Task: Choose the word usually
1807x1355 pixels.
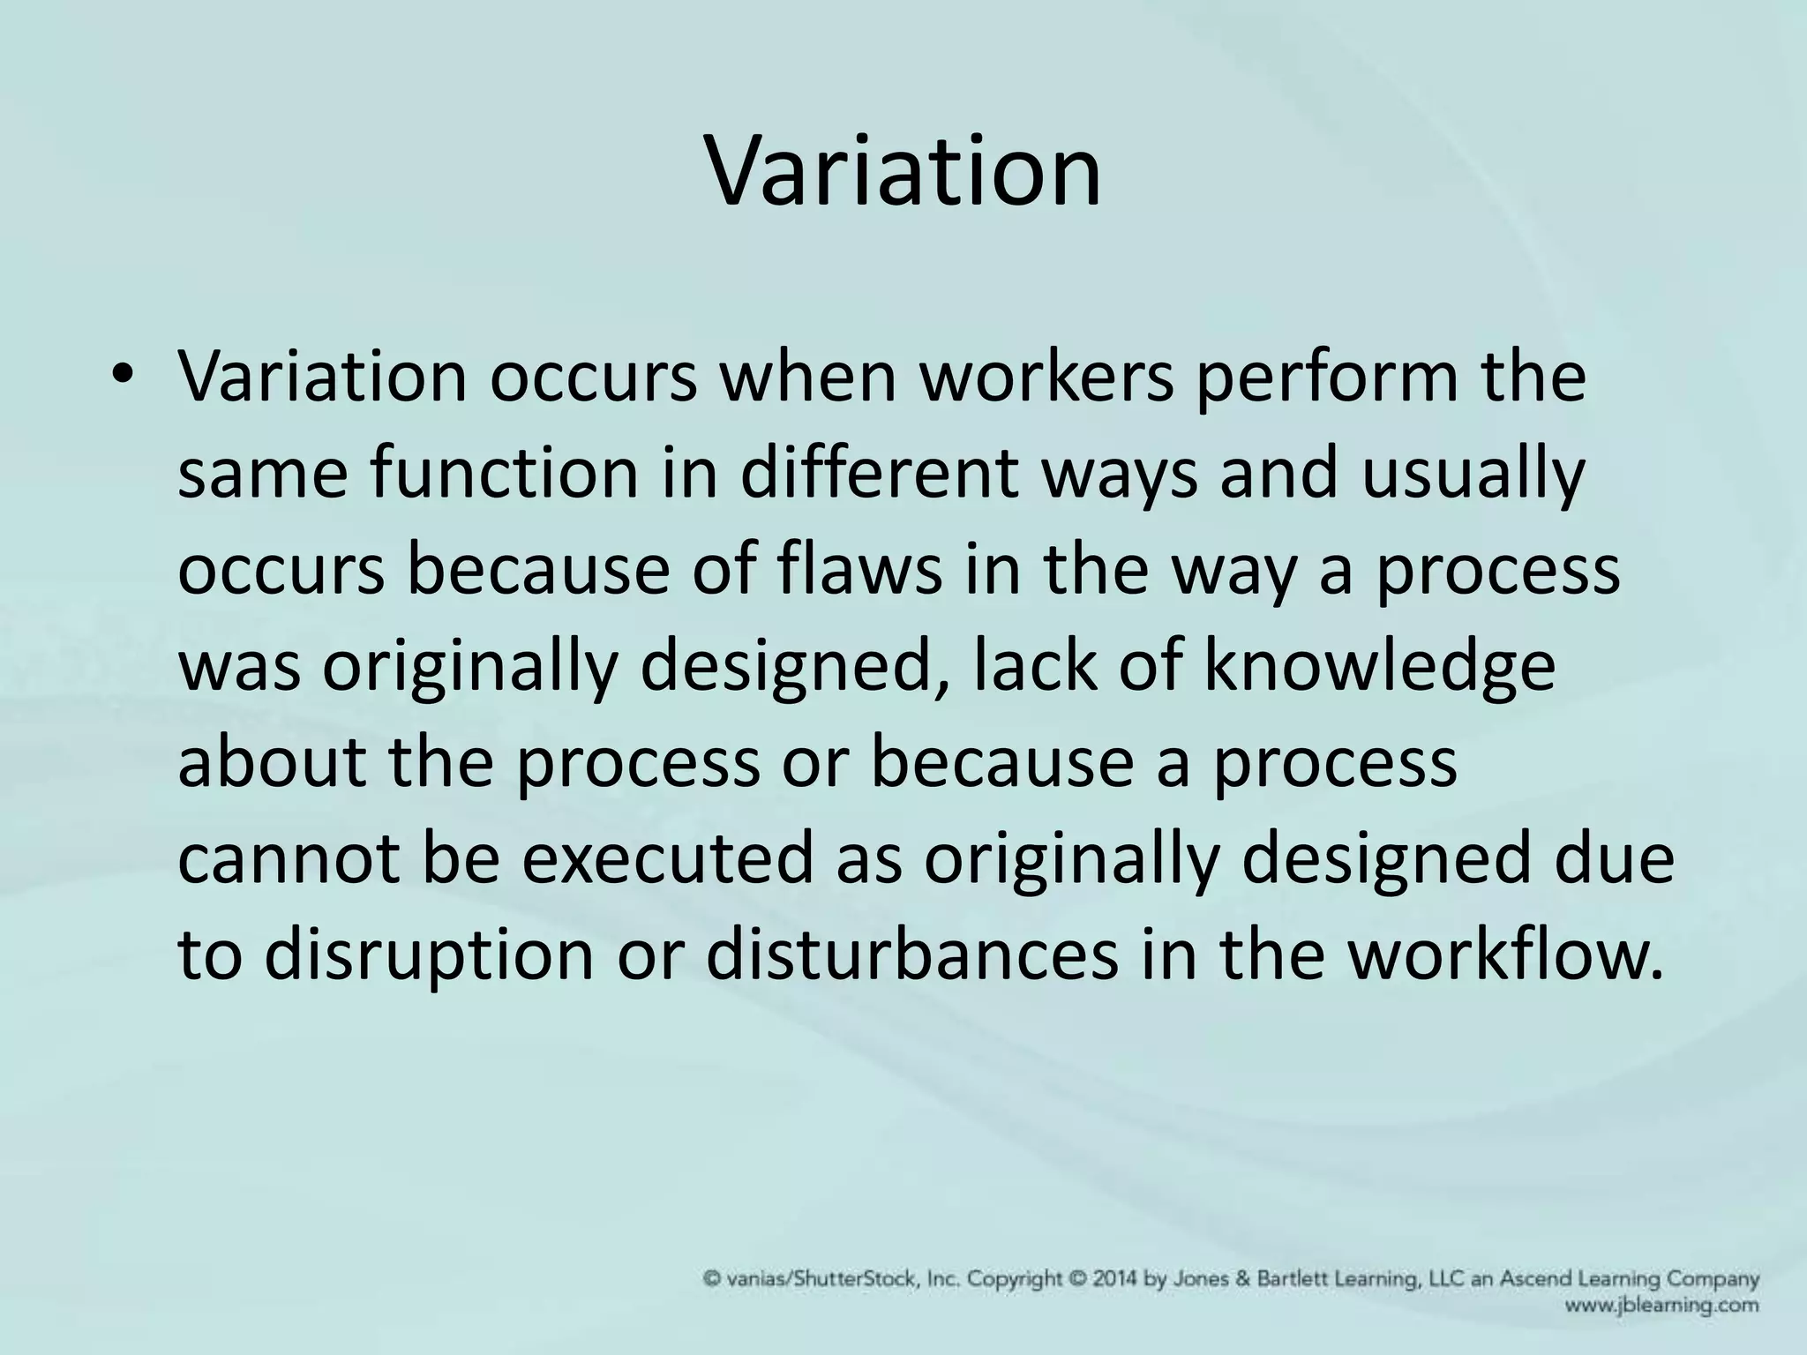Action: pyautogui.click(x=1473, y=475)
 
